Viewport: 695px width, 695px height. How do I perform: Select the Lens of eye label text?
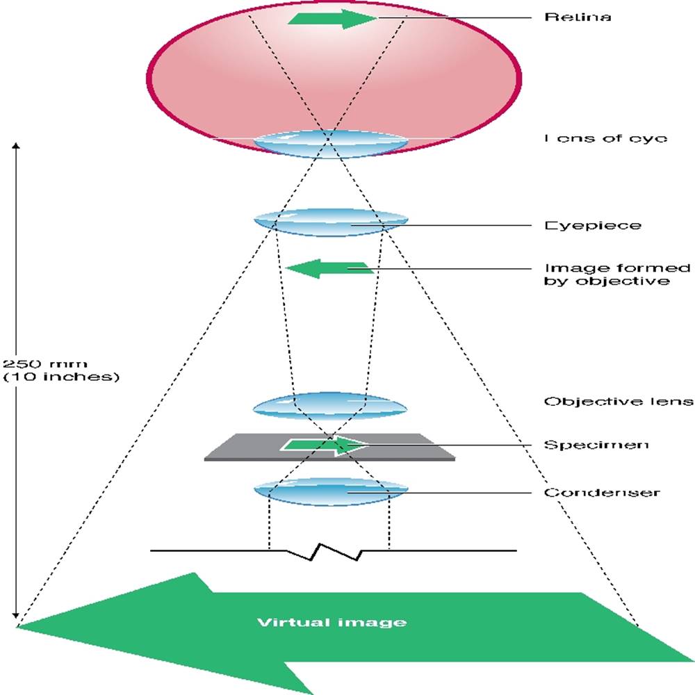[605, 138]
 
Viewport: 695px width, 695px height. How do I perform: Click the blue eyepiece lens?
[330, 223]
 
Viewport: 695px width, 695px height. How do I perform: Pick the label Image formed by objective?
[617, 275]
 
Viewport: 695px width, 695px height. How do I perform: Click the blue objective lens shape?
[329, 406]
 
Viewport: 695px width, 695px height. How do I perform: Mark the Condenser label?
[601, 493]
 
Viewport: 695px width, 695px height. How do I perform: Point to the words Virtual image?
[332, 622]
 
